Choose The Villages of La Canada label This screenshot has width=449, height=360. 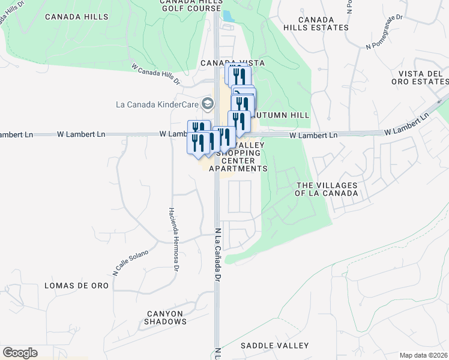(327, 189)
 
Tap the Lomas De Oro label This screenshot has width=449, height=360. (77, 286)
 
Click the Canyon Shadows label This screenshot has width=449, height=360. (165, 317)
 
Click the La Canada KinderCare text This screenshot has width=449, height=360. (158, 104)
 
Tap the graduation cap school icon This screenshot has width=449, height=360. (208, 104)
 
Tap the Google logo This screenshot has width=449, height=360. (20, 353)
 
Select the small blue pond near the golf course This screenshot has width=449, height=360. (228, 17)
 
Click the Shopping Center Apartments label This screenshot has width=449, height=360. (238, 161)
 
